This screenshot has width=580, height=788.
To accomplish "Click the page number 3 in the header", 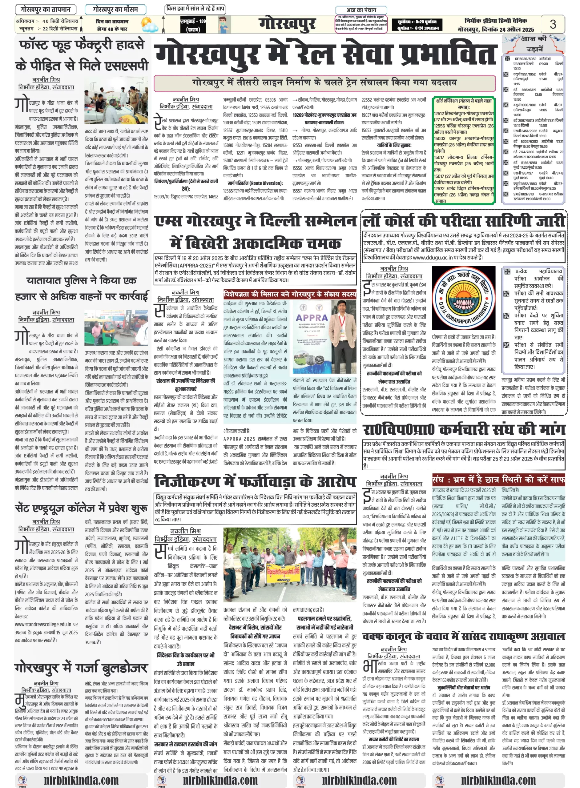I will [553, 24].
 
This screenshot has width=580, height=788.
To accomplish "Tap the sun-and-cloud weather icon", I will [149, 25].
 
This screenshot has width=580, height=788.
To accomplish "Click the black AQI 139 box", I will [193, 25].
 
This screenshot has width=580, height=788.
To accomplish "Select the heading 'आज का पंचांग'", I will [361, 10].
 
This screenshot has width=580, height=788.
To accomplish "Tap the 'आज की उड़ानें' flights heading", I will [534, 43].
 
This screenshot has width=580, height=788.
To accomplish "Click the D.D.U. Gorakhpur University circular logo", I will [463, 298].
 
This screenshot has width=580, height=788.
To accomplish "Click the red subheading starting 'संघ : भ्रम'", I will [498, 480].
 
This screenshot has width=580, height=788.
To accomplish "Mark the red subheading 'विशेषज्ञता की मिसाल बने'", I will [290, 295].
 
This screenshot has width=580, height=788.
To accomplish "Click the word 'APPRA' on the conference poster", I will [312, 318].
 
